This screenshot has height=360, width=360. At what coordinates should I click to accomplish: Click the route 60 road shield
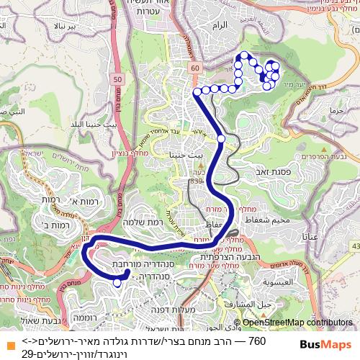(194, 68)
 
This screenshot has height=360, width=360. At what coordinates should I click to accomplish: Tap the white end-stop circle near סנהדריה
(117, 283)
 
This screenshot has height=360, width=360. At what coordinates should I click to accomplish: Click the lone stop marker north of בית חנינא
(221, 138)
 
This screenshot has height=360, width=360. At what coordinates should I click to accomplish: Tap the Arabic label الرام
(215, 24)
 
